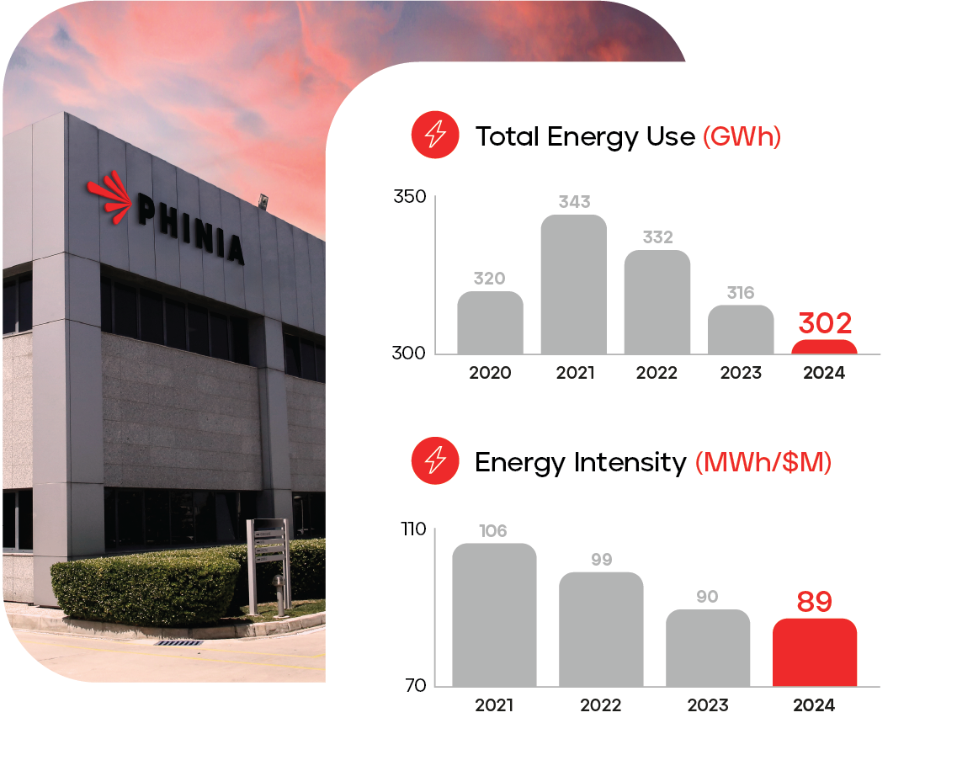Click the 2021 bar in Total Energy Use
tap(573, 284)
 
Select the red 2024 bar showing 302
tap(824, 347)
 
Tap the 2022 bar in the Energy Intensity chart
tap(601, 629)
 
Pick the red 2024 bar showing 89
tap(814, 652)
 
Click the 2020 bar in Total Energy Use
tap(490, 322)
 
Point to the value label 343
tap(574, 202)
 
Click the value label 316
tap(740, 292)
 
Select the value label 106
tap(493, 531)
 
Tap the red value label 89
tap(814, 602)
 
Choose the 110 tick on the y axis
tap(413, 530)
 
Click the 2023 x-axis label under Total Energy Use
tap(741, 372)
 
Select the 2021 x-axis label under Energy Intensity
tap(494, 705)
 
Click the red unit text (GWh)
tap(742, 136)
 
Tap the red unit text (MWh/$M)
tap(763, 462)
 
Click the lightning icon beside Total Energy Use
tap(435, 135)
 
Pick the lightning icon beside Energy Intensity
tap(435, 460)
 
